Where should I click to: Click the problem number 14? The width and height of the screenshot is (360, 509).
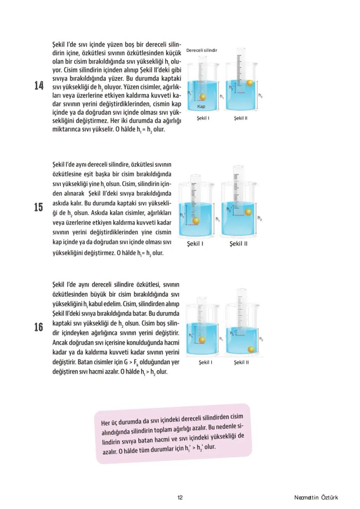pyautogui.click(x=39, y=86)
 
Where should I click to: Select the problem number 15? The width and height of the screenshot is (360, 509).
pyautogui.click(x=39, y=207)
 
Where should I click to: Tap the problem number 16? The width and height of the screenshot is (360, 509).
pyautogui.click(x=39, y=327)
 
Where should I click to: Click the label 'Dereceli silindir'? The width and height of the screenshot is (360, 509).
pyautogui.click(x=201, y=50)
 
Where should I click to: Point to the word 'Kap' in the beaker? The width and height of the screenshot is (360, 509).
pyautogui.click(x=201, y=106)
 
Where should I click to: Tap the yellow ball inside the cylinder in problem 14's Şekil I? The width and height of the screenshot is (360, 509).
pyautogui.click(x=201, y=97)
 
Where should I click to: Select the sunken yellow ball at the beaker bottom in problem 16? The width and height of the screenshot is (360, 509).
pyautogui.click(x=251, y=349)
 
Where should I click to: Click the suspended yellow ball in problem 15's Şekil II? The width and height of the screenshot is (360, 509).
pyautogui.click(x=248, y=212)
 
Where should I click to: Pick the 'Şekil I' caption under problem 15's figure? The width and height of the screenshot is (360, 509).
pyautogui.click(x=195, y=243)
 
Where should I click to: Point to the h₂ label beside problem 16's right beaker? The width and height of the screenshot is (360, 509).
pyautogui.click(x=261, y=338)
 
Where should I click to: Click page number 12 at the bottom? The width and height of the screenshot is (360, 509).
pyautogui.click(x=180, y=498)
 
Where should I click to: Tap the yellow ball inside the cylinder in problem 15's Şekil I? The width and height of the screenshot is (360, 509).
pyautogui.click(x=196, y=220)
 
